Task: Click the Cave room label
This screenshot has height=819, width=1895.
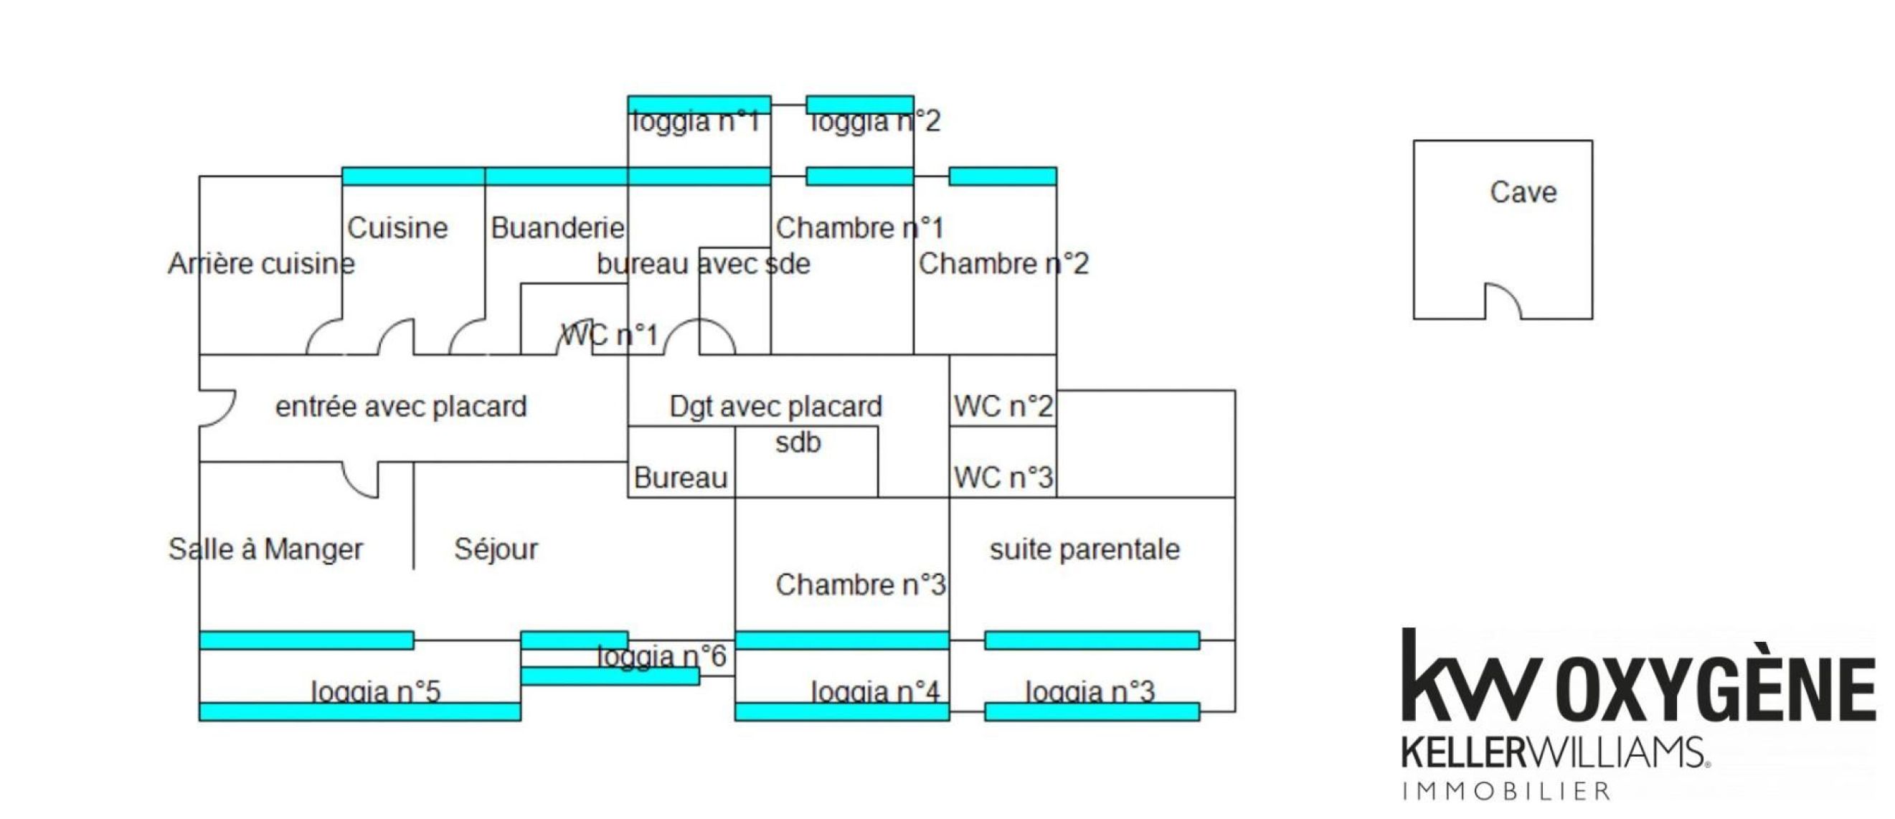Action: click(1523, 193)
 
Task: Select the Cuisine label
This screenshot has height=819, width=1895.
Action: click(397, 228)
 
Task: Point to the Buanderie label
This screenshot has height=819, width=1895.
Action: click(557, 228)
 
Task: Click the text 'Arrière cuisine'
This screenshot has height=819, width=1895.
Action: click(261, 263)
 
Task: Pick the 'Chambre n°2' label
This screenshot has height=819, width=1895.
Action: click(1003, 263)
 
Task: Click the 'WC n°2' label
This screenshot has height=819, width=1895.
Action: click(1003, 406)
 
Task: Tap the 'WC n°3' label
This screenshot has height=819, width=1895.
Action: click(1003, 478)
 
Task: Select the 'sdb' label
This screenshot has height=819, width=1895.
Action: click(798, 442)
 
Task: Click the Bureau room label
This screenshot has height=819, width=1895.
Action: click(681, 478)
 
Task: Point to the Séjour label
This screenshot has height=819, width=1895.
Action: click(496, 549)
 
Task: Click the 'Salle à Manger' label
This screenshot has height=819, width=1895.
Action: click(265, 549)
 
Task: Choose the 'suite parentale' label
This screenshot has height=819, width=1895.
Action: click(1084, 549)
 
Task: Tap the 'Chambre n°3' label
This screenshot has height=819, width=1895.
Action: click(860, 585)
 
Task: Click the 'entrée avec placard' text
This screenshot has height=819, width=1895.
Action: click(401, 406)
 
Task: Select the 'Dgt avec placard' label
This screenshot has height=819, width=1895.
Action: click(775, 406)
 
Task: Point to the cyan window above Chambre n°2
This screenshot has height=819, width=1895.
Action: click(1003, 176)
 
